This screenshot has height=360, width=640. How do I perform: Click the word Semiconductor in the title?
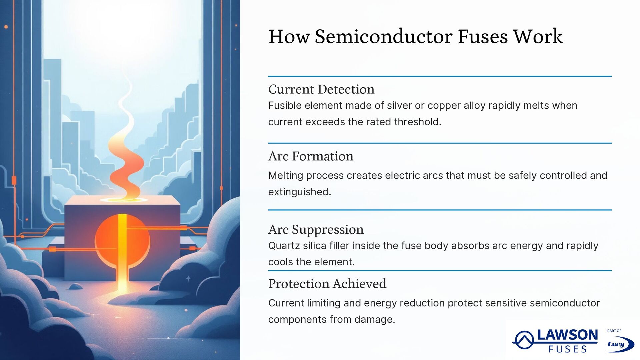[x=383, y=36]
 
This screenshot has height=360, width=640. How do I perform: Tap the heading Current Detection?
[x=321, y=89]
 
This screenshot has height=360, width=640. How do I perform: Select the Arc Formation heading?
[x=311, y=156]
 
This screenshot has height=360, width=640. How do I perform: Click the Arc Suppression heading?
[x=316, y=230]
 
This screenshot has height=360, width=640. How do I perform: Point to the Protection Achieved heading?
[x=327, y=284]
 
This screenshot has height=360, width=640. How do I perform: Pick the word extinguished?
[x=299, y=192]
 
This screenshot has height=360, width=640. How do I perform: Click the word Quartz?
[x=283, y=246]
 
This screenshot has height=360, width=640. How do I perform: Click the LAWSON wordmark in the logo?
[x=567, y=335]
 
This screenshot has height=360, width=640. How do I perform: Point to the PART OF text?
[x=614, y=331]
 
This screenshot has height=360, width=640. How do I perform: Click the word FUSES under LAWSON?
[x=567, y=349]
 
